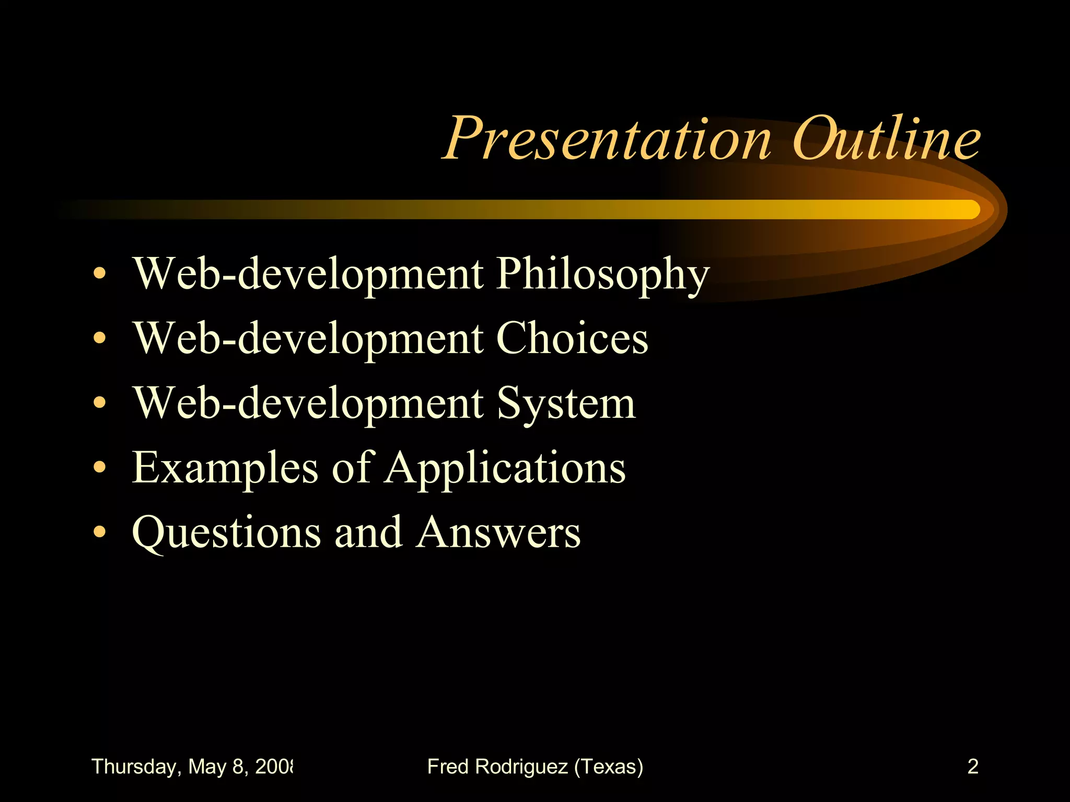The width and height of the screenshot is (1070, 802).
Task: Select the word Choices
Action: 572,338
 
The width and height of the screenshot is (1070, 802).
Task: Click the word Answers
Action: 498,533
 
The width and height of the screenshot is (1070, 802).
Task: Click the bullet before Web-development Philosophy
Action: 99,274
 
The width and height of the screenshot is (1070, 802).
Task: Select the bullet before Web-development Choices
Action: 99,338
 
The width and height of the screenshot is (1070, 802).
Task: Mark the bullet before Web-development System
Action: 99,403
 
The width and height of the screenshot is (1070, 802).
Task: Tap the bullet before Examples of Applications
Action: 99,468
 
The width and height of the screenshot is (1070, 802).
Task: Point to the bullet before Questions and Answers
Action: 99,533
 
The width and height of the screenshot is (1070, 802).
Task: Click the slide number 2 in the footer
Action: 972,766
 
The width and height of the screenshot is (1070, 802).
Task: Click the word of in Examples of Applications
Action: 352,467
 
